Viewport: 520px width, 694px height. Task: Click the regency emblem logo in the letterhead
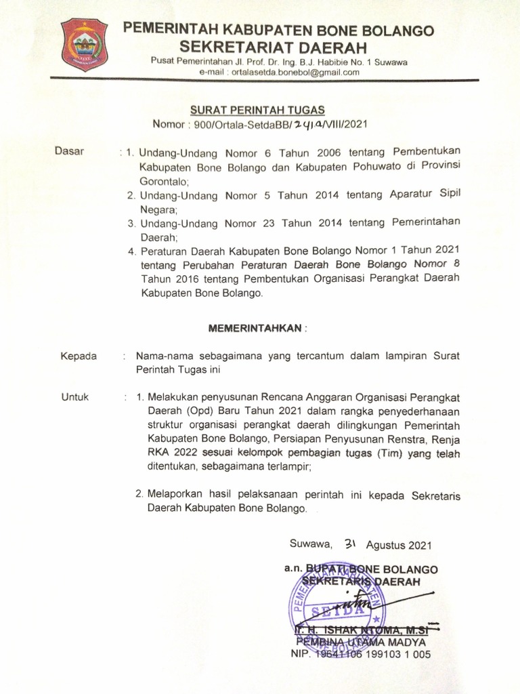click(x=85, y=45)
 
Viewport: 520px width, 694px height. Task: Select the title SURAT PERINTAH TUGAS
click(x=257, y=110)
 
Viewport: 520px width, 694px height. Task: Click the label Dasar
click(x=69, y=152)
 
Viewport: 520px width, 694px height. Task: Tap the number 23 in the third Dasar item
click(x=267, y=223)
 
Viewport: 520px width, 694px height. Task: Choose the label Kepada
click(x=79, y=356)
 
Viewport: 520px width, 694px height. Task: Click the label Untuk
click(x=75, y=398)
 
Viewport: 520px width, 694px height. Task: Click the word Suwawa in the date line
click(x=311, y=544)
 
